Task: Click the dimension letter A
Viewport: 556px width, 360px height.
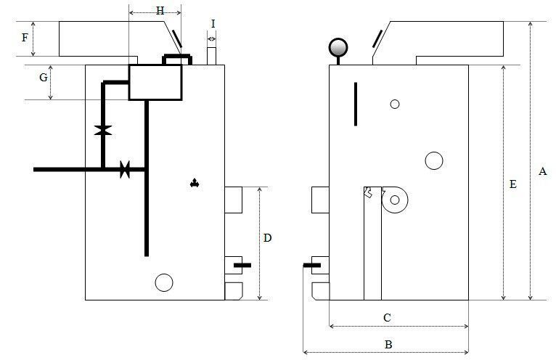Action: (x=542, y=171)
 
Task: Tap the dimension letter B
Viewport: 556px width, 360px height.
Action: (x=388, y=344)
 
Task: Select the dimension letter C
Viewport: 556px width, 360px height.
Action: (x=387, y=317)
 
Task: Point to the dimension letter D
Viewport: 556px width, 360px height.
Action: (x=267, y=237)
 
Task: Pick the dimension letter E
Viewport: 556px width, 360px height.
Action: (x=512, y=184)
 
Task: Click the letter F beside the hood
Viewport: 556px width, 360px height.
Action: (x=25, y=37)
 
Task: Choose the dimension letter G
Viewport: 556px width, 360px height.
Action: (x=44, y=78)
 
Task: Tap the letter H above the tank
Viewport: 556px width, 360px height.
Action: (x=160, y=11)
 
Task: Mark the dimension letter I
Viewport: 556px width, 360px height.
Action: (x=213, y=24)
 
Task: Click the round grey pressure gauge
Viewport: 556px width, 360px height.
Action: (x=338, y=47)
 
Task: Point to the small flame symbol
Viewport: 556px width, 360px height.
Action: (x=195, y=183)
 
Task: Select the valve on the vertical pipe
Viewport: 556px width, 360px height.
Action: (x=103, y=130)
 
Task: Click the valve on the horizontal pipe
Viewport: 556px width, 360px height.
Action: (x=125, y=170)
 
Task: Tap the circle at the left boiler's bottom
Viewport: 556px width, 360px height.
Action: (x=164, y=282)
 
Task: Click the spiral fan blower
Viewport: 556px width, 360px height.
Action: (x=394, y=200)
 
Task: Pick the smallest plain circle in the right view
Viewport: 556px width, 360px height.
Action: (x=395, y=104)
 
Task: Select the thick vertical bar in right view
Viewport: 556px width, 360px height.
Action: (x=356, y=104)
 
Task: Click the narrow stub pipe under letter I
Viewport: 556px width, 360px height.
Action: (x=211, y=56)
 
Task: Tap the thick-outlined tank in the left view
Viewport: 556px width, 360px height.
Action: (x=155, y=82)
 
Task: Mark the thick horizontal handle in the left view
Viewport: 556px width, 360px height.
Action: (x=242, y=266)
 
